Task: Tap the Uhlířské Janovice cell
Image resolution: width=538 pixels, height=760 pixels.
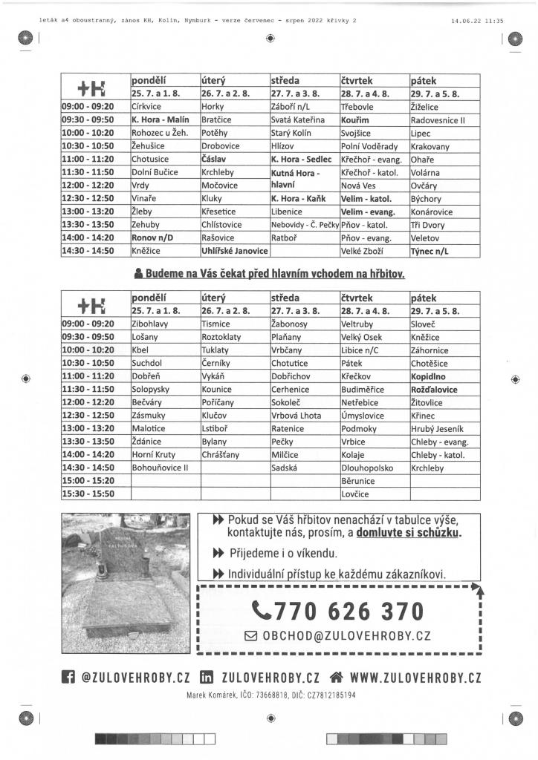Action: click(233, 251)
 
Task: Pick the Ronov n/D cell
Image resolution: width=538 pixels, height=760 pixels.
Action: click(154, 237)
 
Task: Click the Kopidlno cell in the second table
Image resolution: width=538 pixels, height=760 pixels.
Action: click(430, 376)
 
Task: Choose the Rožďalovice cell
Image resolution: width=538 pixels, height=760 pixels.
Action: click(434, 389)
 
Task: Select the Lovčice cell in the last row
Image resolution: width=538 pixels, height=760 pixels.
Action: click(355, 494)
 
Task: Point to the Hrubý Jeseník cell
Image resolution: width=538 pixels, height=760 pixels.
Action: click(437, 428)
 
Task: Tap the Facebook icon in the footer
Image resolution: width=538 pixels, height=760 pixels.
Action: click(68, 677)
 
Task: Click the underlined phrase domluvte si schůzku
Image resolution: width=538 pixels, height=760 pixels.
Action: click(409, 533)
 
